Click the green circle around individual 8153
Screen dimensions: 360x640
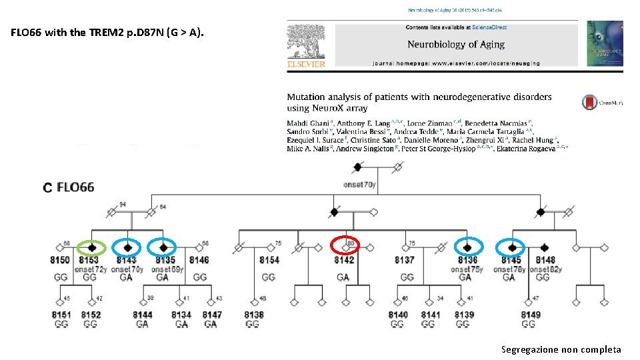point(92,247)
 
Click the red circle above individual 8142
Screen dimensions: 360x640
point(345,246)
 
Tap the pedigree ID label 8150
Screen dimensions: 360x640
point(59,260)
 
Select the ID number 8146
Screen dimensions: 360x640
point(199,260)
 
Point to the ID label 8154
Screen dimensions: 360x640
point(269,260)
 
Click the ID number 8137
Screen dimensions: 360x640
point(405,260)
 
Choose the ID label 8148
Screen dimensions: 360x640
point(545,260)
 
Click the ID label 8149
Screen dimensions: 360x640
point(531,315)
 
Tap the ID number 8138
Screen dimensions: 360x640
point(253,315)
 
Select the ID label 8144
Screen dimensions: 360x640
point(142,315)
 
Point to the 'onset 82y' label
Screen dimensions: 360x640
point(546,269)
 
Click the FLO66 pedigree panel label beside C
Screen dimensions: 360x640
point(75,187)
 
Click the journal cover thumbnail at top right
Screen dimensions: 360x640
point(605,43)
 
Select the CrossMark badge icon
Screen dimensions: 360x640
point(589,102)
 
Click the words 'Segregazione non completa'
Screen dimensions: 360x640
point(561,349)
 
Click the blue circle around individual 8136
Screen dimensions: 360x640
point(468,247)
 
